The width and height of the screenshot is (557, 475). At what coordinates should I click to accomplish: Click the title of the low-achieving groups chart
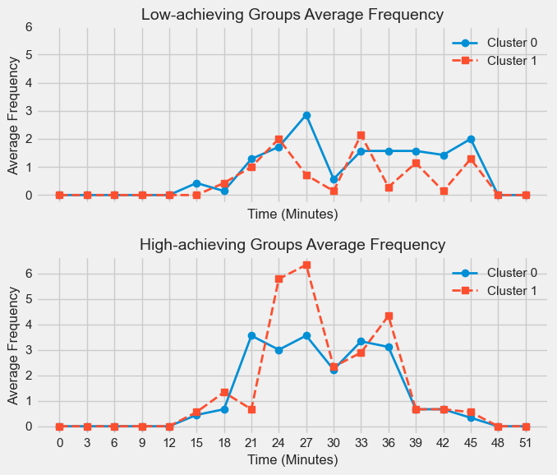(x=292, y=15)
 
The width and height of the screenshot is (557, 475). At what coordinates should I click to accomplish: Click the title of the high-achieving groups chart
(x=292, y=244)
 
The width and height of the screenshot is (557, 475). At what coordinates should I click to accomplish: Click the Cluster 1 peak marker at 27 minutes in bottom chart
(x=306, y=265)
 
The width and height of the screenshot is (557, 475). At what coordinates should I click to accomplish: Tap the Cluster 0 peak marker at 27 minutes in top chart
(x=306, y=116)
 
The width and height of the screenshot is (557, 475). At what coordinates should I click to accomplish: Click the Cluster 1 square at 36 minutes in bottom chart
(x=389, y=316)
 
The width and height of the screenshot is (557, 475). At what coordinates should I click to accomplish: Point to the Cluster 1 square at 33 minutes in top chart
(x=361, y=135)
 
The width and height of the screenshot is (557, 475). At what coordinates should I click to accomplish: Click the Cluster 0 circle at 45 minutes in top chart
(x=471, y=139)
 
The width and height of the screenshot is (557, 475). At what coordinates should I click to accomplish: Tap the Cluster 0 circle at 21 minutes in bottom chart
(x=251, y=335)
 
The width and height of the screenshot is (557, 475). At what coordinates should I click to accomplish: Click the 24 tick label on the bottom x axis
(x=278, y=444)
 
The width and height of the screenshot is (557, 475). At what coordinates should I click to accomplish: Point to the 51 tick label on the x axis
(x=526, y=444)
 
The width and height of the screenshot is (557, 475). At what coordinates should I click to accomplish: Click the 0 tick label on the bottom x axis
(x=59, y=444)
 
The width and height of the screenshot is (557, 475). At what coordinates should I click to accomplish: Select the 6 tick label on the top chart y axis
(x=30, y=26)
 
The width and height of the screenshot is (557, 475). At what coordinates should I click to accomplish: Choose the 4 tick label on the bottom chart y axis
(x=30, y=325)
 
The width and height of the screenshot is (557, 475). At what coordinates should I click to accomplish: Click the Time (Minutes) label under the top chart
(x=292, y=214)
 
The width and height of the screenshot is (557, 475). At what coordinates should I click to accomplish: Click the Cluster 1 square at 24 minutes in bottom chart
(x=278, y=279)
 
